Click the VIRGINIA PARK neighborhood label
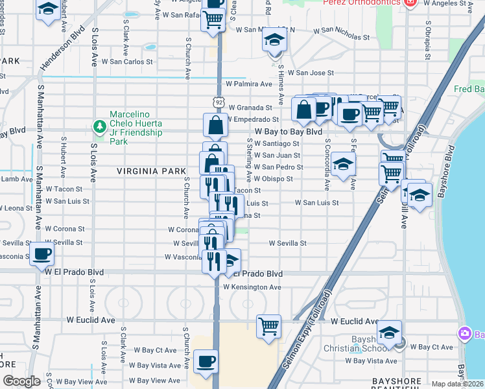pyautogui.click(x=147, y=171)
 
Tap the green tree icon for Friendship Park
pyautogui.click(x=100, y=126)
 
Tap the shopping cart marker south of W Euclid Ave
pyautogui.click(x=268, y=326)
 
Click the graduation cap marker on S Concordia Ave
pyautogui.click(x=343, y=165)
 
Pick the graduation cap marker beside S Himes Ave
pyautogui.click(x=274, y=40)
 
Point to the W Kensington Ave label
pyautogui.click(x=252, y=287)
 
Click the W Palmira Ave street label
pyautogui.click(x=248, y=84)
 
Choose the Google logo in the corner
pyautogui.click(x=21, y=381)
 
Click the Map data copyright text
pyautogui.click(x=458, y=384)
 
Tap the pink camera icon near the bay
pyautogui.click(x=464, y=334)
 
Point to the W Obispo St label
pyautogui.click(x=273, y=178)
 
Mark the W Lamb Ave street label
pyautogui.click(x=16, y=179)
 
